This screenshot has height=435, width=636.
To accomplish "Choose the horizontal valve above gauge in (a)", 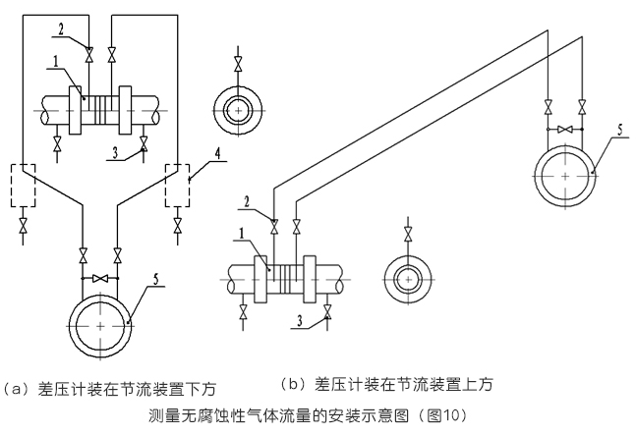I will coord(100,280).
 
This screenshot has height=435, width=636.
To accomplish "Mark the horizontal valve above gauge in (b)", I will coord(565,130).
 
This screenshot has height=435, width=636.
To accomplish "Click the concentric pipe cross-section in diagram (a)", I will coord(236,111).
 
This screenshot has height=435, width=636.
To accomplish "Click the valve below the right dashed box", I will coord(177,225).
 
